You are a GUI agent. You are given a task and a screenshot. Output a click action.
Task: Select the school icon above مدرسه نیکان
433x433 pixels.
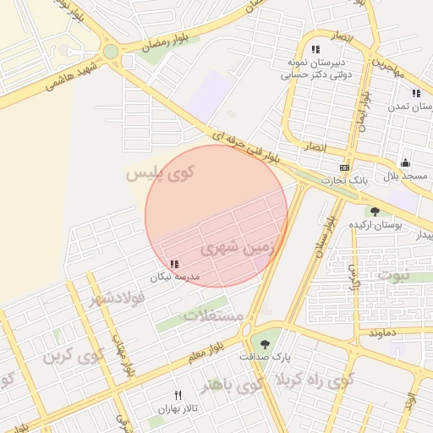click(x=174, y=265)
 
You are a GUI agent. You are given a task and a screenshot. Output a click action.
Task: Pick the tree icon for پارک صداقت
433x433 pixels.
click(x=266, y=343)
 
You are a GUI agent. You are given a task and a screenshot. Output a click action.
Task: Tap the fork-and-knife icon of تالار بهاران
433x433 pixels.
click(x=178, y=395)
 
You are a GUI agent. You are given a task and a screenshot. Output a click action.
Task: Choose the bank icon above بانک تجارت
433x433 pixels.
click(x=344, y=167)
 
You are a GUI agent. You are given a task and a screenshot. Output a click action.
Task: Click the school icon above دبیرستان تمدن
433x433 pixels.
click(x=416, y=94)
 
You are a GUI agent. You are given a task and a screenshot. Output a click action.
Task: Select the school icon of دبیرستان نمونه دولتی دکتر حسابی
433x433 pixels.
click(x=315, y=49)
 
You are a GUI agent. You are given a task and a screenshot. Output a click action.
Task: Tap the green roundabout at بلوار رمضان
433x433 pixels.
click(x=111, y=52)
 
